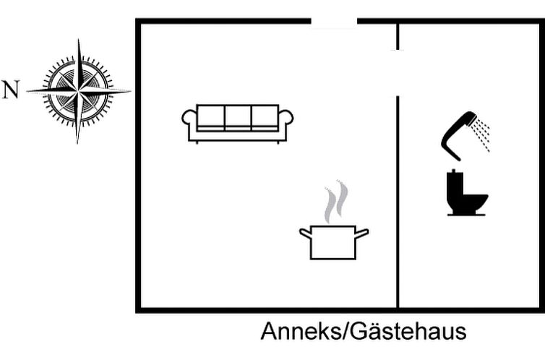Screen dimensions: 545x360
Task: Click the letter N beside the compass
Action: click(10, 90)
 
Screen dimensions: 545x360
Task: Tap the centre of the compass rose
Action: click(78, 91)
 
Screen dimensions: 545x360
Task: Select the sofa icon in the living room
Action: click(237, 124)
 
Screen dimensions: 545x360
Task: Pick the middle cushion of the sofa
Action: click(238, 118)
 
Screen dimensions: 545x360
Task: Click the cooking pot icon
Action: click(334, 242)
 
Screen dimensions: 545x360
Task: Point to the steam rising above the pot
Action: click(336, 202)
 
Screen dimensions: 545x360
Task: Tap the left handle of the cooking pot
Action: click(305, 233)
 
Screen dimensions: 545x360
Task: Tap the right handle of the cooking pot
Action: click(362, 233)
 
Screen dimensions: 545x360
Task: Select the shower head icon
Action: click(459, 135)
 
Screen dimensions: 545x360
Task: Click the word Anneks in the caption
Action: click(301, 331)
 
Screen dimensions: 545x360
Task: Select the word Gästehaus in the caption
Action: click(408, 331)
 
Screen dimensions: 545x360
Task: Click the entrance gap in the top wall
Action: click(334, 22)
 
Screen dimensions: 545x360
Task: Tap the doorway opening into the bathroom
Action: click(398, 72)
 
